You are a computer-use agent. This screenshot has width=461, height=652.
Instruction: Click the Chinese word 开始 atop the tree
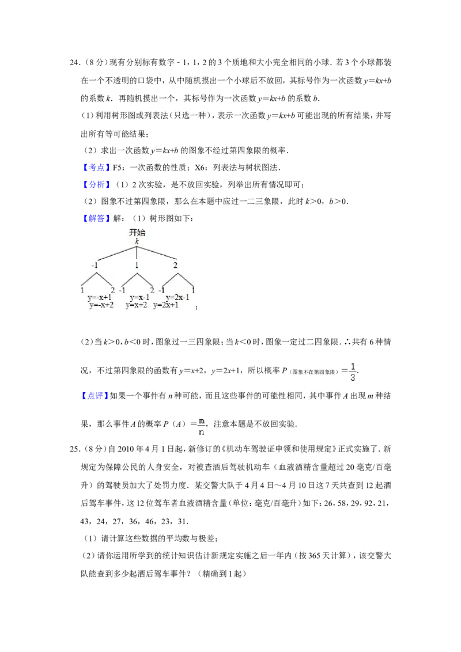137,232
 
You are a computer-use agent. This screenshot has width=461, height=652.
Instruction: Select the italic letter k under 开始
137,241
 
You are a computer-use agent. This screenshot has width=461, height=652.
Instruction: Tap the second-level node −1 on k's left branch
95,266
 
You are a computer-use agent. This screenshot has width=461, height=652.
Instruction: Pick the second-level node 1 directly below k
137,266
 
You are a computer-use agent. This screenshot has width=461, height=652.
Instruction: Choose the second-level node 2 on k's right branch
175,266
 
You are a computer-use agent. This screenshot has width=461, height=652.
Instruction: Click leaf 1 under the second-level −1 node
82,290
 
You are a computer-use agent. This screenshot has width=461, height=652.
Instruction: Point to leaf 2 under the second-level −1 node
113,290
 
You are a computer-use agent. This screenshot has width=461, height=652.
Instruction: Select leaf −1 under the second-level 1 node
122,290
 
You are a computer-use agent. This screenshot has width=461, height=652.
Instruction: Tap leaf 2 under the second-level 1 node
152,290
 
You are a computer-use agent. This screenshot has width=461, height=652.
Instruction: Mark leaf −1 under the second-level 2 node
161,290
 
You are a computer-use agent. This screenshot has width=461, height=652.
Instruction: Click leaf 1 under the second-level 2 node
194,290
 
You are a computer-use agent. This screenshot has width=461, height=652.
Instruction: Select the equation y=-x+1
100,298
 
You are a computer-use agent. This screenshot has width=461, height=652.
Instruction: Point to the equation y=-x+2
100,305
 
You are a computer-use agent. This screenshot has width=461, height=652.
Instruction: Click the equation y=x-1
139,298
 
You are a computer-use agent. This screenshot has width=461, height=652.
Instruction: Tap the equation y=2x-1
179,298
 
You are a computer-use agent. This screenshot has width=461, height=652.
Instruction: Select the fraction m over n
201,426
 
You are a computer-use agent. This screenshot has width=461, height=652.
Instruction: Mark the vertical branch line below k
137,253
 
